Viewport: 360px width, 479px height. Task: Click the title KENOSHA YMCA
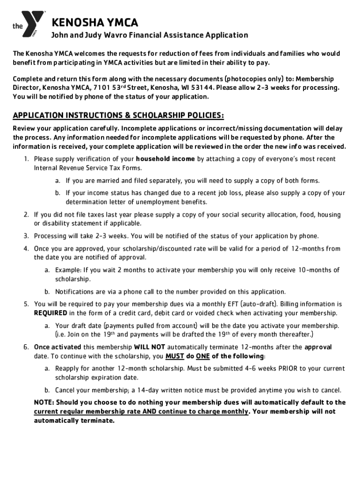point(94,22)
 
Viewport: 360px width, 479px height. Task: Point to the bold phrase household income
point(165,159)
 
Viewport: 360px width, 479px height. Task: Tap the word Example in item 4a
point(68,270)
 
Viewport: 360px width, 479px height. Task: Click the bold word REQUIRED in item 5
point(51,312)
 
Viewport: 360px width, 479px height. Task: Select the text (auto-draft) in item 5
point(256,304)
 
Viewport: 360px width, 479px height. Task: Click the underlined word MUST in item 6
point(175,356)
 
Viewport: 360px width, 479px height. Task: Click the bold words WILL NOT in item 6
point(149,348)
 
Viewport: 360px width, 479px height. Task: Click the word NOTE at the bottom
point(44,403)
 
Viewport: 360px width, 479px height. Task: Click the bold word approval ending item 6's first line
point(318,348)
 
